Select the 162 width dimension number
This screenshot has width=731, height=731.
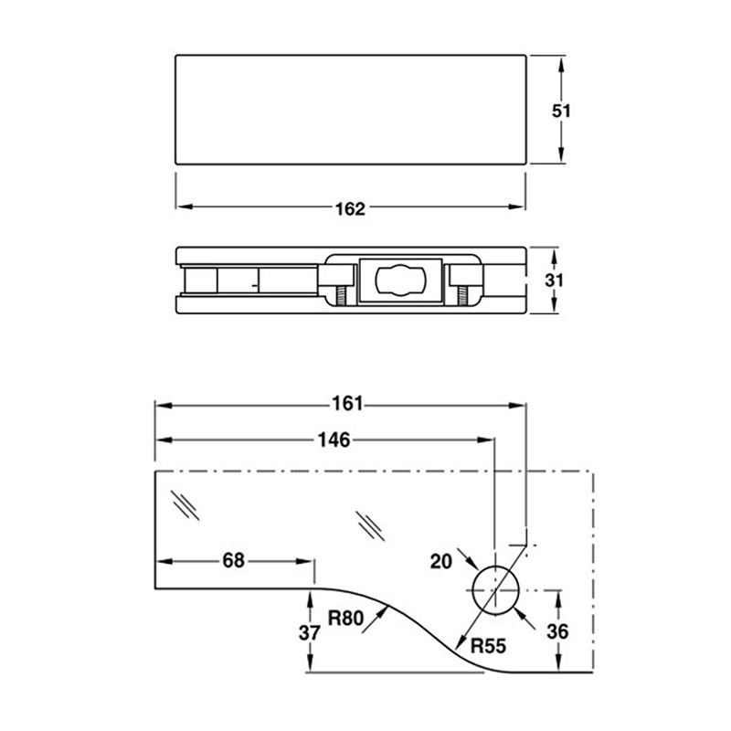coord(350,208)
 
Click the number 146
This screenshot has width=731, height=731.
coord(334,440)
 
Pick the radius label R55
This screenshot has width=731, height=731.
coord(488,647)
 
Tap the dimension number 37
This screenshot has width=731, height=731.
coord(311,631)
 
